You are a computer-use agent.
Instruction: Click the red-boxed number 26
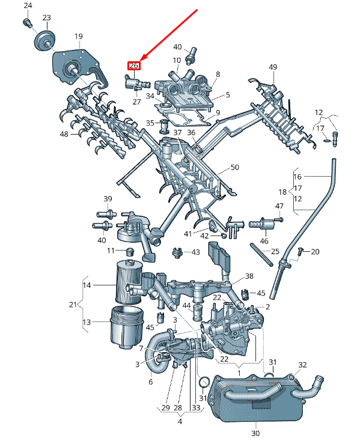(x=133, y=66)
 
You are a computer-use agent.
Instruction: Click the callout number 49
(x=273, y=67)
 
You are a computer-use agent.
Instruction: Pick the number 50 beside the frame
(x=234, y=167)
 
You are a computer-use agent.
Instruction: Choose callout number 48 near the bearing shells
(x=64, y=135)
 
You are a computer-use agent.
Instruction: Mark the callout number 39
(x=108, y=199)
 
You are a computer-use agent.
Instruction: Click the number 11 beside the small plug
(x=111, y=250)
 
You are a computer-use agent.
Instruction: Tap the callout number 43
(x=195, y=252)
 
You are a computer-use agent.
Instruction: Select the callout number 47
(x=279, y=207)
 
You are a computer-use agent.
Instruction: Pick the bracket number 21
(x=73, y=305)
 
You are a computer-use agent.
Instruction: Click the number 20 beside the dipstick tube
(x=315, y=251)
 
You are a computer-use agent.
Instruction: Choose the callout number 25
(x=275, y=251)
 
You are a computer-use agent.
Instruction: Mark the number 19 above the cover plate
(x=79, y=37)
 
